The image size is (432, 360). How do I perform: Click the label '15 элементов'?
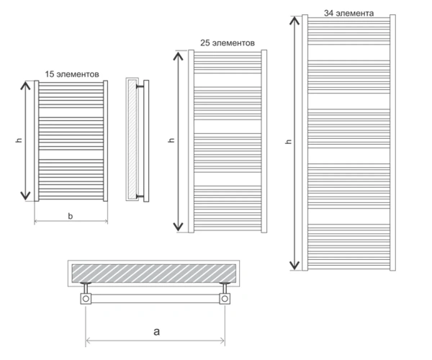(72, 74)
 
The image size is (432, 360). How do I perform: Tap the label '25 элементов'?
(228, 43)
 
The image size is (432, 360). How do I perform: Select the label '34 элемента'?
(348, 13)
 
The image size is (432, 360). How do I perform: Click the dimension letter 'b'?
(71, 216)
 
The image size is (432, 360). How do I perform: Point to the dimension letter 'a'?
(156, 331)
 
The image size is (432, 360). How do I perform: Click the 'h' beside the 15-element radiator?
(19, 140)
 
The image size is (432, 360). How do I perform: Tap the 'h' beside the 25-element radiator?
(171, 140)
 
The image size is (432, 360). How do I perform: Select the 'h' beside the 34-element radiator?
(289, 141)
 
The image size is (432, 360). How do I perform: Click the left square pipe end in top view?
(86, 299)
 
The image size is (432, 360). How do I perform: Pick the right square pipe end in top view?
(225, 299)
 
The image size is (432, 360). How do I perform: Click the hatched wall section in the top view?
(154, 273)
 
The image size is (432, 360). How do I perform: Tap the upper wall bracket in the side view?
(140, 87)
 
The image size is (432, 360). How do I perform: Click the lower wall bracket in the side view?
(140, 197)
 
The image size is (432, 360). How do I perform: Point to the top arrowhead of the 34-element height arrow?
(294, 20)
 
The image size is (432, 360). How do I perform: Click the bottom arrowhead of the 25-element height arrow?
(179, 226)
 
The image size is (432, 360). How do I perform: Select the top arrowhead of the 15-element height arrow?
(25, 86)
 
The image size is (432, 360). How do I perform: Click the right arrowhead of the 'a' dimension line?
(222, 341)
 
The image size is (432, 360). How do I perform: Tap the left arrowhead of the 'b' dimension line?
(36, 220)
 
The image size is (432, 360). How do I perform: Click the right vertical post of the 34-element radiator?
(393, 143)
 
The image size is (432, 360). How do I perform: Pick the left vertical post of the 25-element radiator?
(192, 141)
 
